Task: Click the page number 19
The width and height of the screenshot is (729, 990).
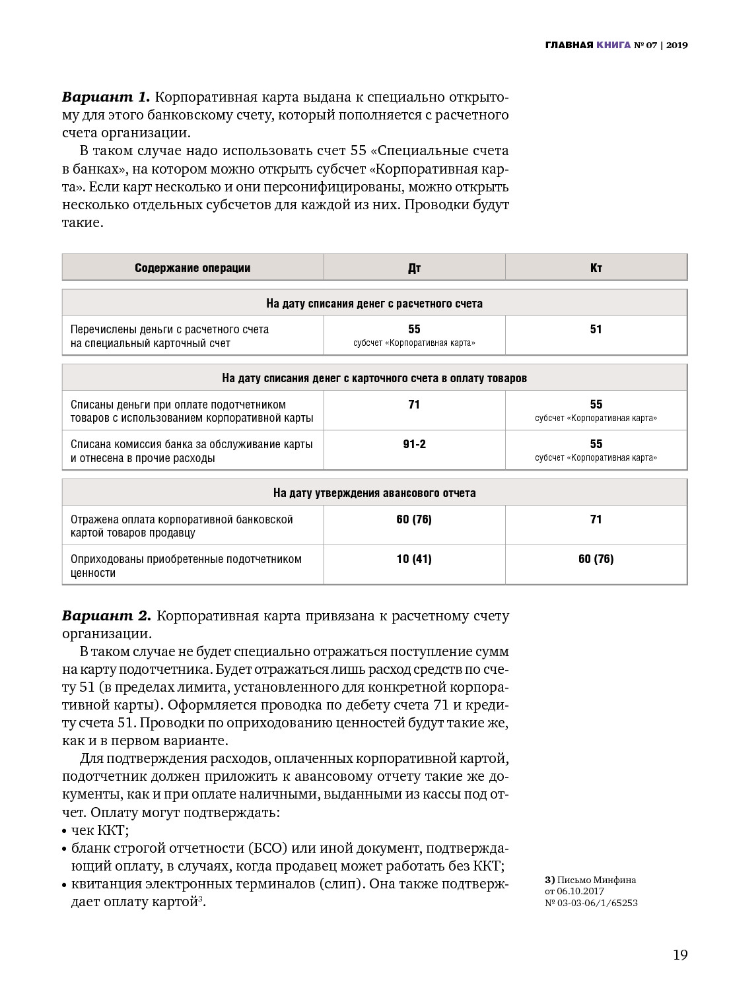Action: click(679, 955)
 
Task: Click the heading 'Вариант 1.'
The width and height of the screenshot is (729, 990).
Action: click(106, 97)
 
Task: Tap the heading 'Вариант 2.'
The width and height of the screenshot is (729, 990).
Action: click(106, 616)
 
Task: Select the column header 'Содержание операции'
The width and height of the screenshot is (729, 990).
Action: click(193, 268)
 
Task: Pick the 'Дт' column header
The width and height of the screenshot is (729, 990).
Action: click(414, 268)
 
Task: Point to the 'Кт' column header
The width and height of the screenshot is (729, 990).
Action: click(596, 268)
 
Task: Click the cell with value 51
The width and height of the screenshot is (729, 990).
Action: click(596, 329)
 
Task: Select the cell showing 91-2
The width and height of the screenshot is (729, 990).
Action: click(414, 444)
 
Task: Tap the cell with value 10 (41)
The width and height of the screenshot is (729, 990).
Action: click(414, 559)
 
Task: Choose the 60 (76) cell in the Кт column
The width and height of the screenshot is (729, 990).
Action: click(596, 559)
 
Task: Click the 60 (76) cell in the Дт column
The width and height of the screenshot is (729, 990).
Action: click(414, 519)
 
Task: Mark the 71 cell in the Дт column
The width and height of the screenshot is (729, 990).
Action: click(414, 405)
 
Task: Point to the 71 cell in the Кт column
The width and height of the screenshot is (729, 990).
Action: click(596, 519)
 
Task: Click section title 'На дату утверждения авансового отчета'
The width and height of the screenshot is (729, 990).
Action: click(374, 493)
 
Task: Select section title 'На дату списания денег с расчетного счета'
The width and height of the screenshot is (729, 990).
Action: click(374, 304)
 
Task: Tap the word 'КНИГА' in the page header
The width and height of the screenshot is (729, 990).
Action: click(613, 46)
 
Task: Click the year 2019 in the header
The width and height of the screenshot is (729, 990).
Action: click(677, 46)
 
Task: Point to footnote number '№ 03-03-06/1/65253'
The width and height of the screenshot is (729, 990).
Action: click(591, 903)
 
